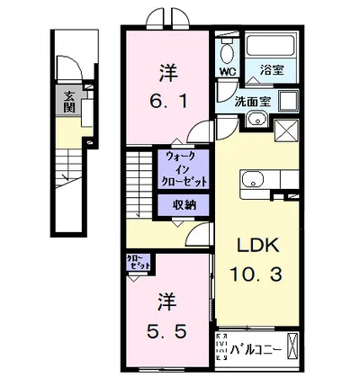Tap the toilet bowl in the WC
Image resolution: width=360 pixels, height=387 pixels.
(226, 47)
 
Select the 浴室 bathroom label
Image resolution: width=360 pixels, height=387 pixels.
(270, 67)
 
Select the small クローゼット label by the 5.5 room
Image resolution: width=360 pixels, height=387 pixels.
(139, 263)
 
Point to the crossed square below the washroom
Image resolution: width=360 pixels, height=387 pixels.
(290, 131)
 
